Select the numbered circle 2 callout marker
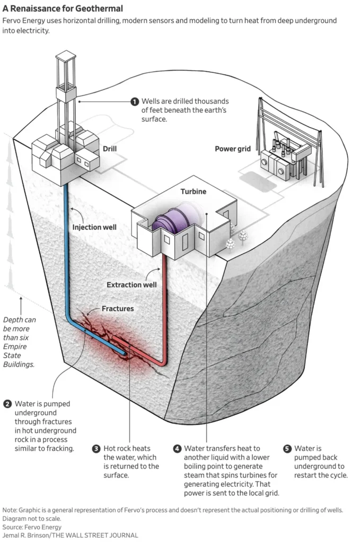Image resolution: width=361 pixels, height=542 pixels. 7,404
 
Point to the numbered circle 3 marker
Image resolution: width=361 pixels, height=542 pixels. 96,448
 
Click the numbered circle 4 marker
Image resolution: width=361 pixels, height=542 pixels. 177,448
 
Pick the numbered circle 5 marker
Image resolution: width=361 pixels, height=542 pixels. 287,448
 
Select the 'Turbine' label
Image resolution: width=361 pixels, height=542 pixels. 193,191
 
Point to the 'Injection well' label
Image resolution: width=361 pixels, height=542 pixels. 94,228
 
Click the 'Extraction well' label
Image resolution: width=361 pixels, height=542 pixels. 131,285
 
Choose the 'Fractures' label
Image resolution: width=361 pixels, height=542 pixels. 118,308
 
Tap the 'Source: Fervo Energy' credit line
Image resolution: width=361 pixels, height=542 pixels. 32,527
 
